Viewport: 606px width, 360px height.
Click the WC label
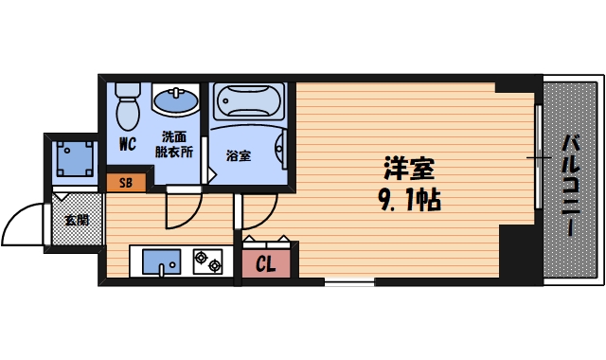[127, 146]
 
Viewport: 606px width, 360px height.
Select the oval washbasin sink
[175, 99]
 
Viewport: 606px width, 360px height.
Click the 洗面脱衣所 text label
[175, 143]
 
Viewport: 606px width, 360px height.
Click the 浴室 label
[238, 155]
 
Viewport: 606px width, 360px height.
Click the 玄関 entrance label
[76, 221]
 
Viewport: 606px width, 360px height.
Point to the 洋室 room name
[408, 171]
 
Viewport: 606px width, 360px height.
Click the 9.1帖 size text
[410, 201]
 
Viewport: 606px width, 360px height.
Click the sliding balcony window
[537, 157]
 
